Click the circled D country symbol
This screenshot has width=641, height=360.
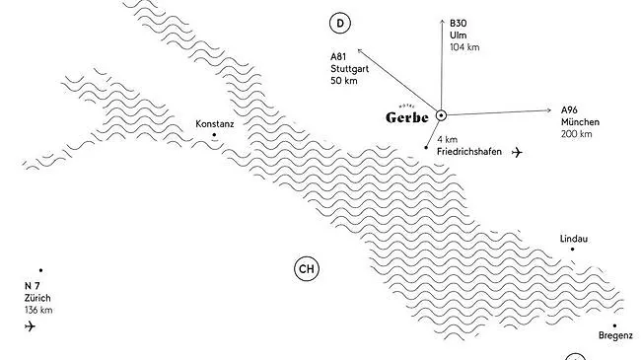(340, 23)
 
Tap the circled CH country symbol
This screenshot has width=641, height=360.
(308, 268)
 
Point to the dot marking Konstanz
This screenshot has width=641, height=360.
(214, 135)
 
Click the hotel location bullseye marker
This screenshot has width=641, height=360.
(441, 115)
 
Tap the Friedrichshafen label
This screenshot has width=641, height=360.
(468, 152)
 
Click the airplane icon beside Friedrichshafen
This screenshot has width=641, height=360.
(519, 152)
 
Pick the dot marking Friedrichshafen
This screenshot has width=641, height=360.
(426, 148)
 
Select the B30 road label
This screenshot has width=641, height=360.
(458, 23)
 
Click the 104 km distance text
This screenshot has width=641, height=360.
(463, 47)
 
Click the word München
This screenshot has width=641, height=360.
(579, 121)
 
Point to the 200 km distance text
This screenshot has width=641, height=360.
(577, 133)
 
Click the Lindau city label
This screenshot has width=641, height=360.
(573, 239)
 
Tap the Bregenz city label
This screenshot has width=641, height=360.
(615, 336)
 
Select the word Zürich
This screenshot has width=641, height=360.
(38, 298)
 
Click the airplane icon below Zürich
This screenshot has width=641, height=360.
(30, 326)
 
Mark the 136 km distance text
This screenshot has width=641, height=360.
(38, 310)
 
